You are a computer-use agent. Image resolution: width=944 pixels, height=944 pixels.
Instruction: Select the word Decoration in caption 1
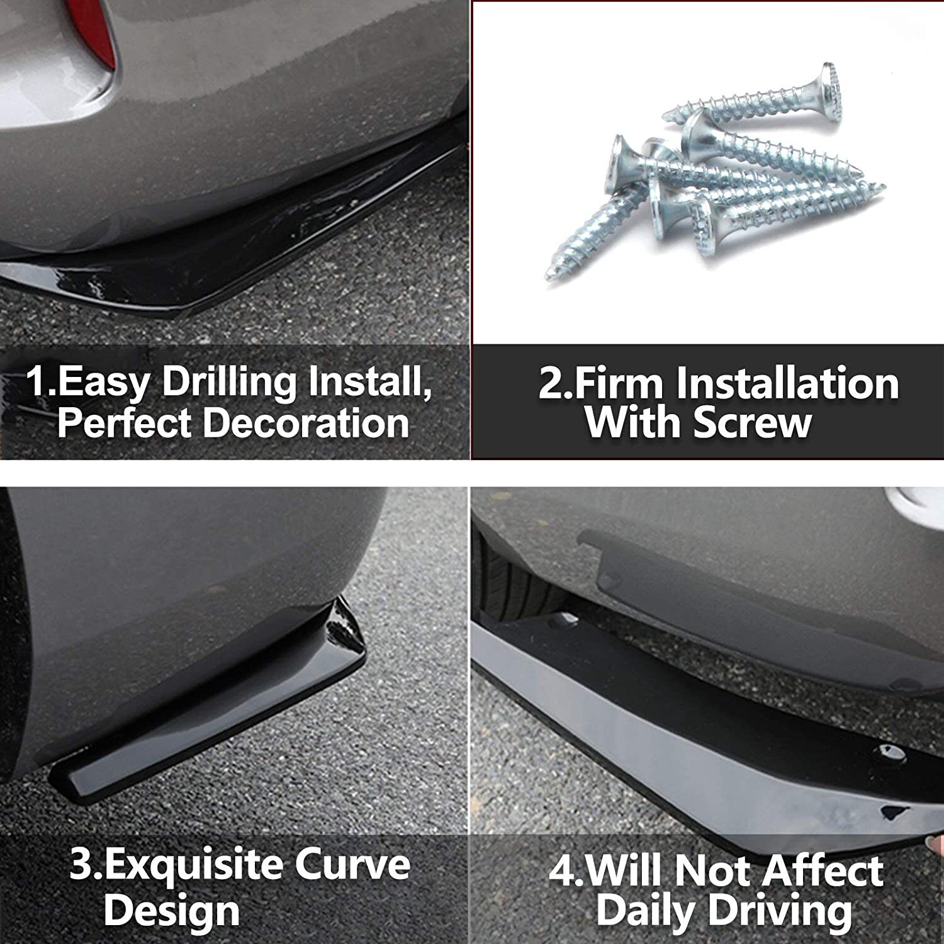coord(306,423)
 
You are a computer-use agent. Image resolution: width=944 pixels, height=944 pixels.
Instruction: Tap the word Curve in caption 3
coord(352,865)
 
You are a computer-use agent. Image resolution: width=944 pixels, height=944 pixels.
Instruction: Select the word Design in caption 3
coord(172,910)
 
